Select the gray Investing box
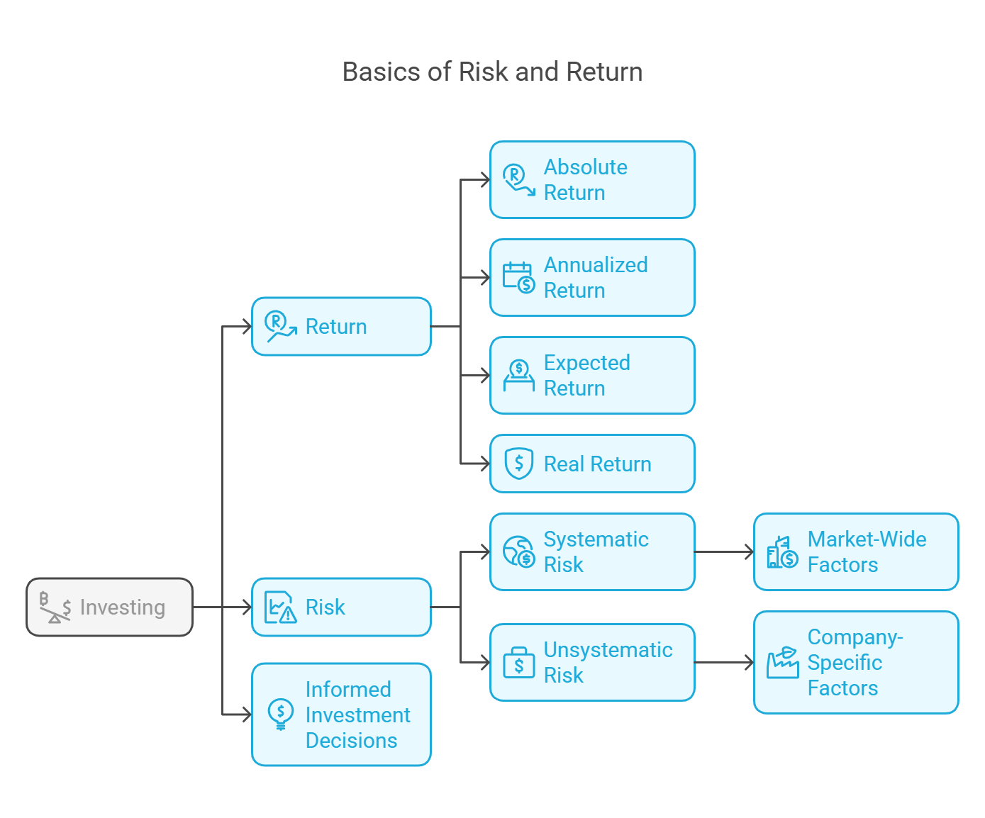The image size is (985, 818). [109, 607]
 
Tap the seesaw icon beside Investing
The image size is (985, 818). [55, 607]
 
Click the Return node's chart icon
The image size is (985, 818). [281, 326]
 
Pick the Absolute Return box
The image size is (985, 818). [592, 179]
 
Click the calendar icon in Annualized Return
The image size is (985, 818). [519, 278]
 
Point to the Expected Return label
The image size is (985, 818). [587, 375]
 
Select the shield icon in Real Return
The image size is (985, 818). [519, 464]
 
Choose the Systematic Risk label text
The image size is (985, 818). [596, 551]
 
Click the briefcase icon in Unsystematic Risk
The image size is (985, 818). [519, 663]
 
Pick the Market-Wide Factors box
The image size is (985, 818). [856, 551]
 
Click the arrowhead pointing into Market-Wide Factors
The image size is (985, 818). [749, 551]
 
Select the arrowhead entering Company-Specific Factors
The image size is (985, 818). [749, 663]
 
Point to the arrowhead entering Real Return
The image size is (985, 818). [486, 464]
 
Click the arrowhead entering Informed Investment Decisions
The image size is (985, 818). [247, 715]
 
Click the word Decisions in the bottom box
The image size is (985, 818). [352, 740]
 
